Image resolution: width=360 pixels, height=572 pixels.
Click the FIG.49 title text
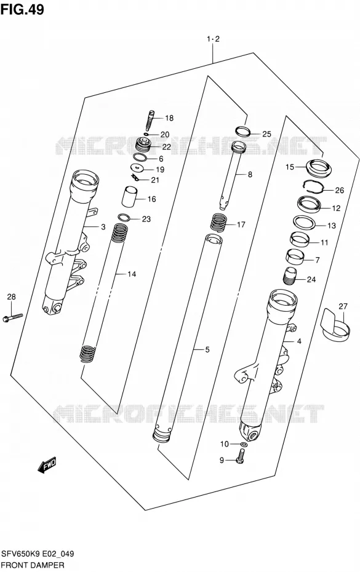coord(22,9)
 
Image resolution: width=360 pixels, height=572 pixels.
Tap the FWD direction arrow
coord(47,465)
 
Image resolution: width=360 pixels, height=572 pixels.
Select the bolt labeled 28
coord(12,317)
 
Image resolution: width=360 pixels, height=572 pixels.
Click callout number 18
coord(169,118)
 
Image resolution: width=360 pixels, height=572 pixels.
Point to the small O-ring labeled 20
coord(146,134)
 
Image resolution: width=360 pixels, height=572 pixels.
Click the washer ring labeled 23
coord(124,218)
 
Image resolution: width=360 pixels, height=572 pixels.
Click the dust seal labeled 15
coord(316,167)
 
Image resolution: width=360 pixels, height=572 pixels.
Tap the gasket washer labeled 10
coord(244,444)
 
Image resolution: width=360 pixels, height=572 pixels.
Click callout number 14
coord(132,274)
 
